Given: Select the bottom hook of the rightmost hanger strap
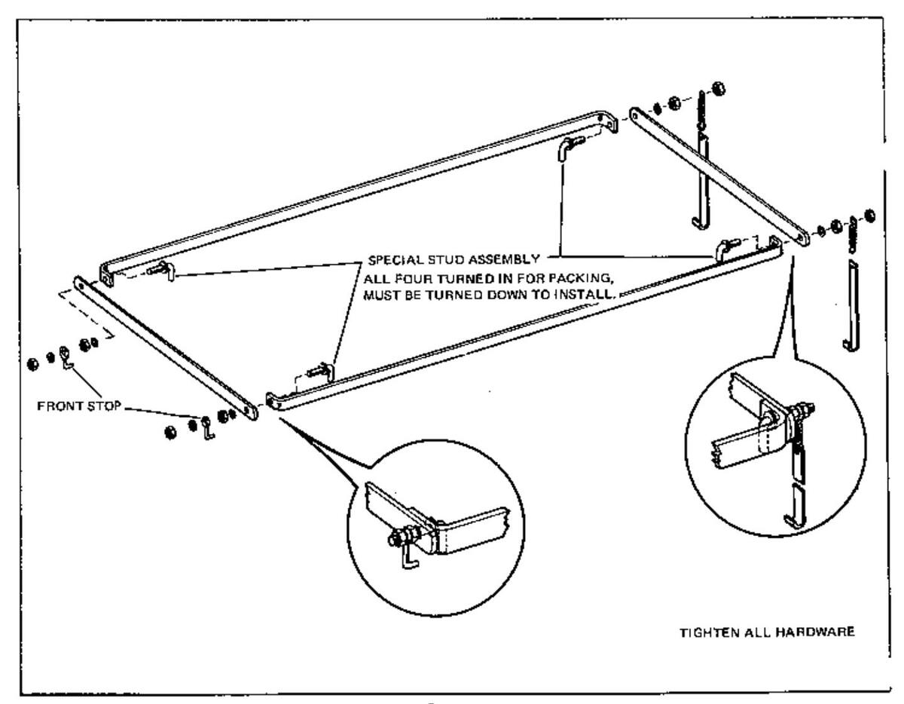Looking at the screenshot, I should pyautogui.click(x=847, y=343).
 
